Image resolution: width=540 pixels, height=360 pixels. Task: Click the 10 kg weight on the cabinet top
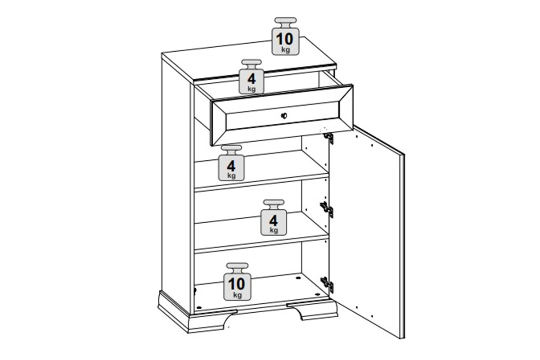tap(285, 36)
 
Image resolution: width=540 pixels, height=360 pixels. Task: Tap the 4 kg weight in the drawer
tap(252, 76)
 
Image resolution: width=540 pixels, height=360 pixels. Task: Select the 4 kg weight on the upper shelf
tap(231, 163)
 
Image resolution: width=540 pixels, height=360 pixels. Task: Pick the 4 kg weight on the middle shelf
tap(274, 217)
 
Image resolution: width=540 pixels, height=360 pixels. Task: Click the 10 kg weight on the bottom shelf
tap(237, 282)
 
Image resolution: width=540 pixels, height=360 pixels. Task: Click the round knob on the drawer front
tap(284, 116)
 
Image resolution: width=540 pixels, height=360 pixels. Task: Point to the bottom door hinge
tap(328, 285)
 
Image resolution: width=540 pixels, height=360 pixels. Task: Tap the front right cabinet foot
tap(313, 311)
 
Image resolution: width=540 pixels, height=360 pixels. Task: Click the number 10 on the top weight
tap(285, 39)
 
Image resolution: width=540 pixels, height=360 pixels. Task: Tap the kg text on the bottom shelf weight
tap(238, 295)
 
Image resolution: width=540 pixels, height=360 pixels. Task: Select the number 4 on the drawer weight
tap(252, 79)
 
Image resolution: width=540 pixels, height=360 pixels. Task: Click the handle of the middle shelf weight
tap(274, 204)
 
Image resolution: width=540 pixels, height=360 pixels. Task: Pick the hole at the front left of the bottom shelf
tap(199, 308)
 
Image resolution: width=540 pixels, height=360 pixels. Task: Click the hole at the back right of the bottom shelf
tap(298, 278)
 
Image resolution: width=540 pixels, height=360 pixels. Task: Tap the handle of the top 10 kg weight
tap(286, 22)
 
